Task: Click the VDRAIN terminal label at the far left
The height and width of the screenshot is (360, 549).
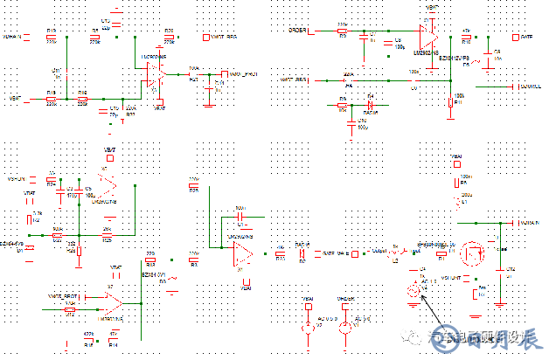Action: pos(12,38)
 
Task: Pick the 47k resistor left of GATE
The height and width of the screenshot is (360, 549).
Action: pos(466,38)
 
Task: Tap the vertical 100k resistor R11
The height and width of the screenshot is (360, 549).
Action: pos(450,105)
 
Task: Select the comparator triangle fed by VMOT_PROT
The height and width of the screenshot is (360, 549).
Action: pos(112,301)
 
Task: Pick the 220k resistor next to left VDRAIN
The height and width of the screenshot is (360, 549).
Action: pos(52,38)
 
